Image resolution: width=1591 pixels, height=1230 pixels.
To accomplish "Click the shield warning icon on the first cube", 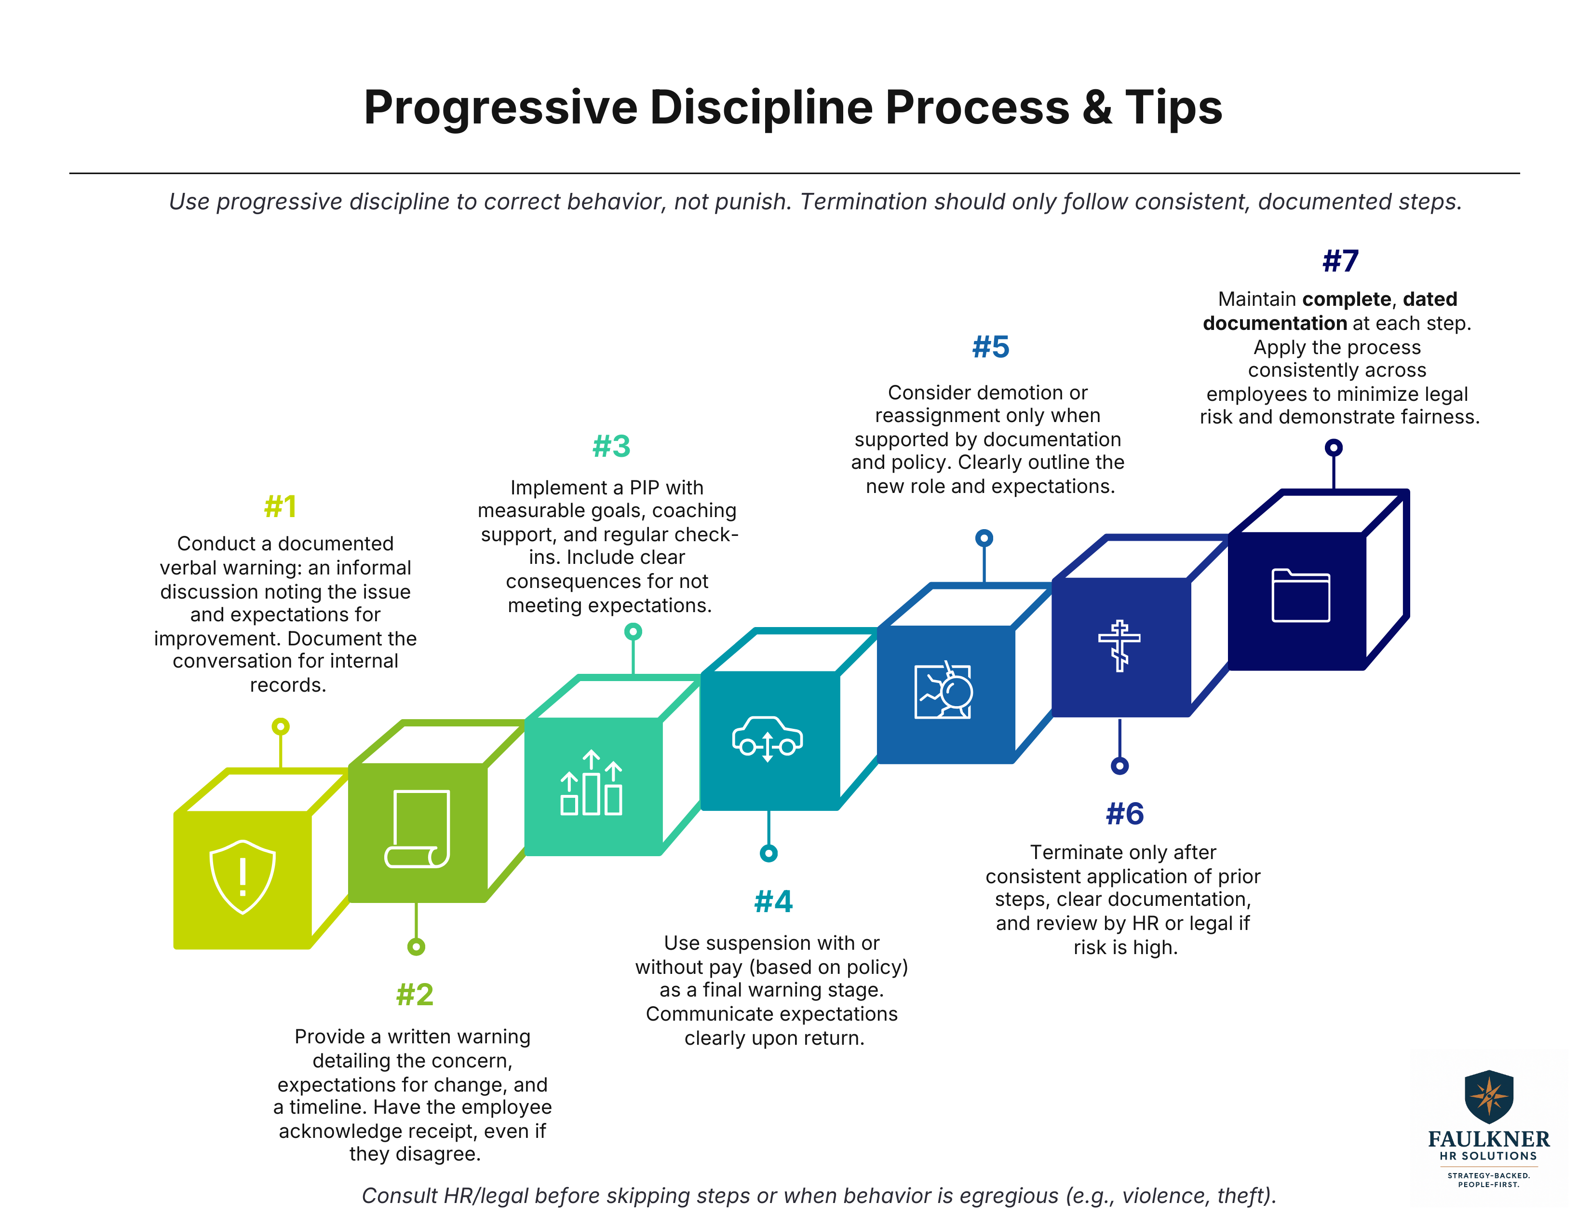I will point(242,876).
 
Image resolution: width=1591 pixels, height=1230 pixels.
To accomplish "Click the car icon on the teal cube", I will point(767,738).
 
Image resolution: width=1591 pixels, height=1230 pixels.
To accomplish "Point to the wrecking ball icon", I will point(944,691).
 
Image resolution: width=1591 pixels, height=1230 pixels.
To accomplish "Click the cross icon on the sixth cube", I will point(1119,645).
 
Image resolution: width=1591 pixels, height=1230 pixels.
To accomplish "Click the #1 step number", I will point(281,506).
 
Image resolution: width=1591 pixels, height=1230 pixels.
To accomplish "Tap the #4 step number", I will point(773,902).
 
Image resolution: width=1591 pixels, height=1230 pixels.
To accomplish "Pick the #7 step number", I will point(1340,261).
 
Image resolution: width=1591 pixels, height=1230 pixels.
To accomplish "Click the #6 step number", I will point(1125,814).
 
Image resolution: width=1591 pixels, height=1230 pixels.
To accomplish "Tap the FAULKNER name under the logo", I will point(1488,1139).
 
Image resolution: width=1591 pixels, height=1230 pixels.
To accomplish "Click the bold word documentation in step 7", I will point(1274,323).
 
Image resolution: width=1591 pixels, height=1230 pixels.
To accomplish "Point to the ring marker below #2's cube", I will point(416,946).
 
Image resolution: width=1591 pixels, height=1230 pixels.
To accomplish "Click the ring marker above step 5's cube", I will point(984,538).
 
